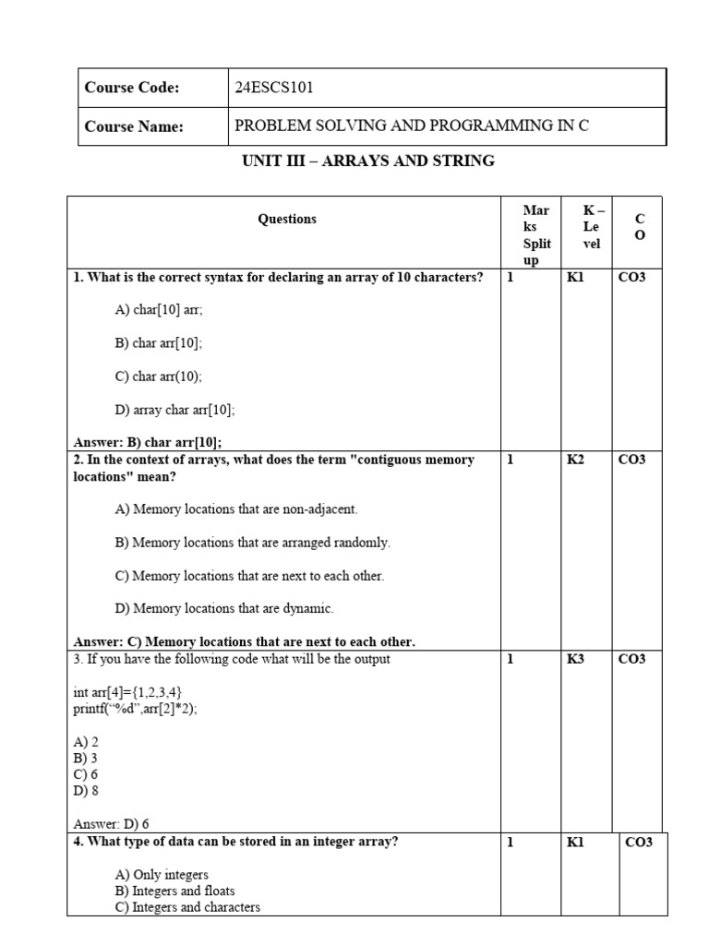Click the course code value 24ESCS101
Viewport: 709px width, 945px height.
(x=281, y=88)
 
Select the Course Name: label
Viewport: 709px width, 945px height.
(x=134, y=126)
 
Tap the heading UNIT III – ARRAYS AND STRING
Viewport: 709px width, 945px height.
(x=367, y=161)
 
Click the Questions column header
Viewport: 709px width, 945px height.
(x=287, y=219)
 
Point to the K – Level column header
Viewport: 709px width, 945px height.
(x=591, y=227)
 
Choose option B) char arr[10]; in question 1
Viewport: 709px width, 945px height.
(x=159, y=342)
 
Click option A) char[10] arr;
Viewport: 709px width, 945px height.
(x=159, y=310)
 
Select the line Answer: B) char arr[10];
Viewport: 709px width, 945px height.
(x=148, y=441)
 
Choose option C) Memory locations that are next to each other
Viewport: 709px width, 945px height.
(x=249, y=575)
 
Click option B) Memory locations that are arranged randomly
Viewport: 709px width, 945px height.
(x=252, y=542)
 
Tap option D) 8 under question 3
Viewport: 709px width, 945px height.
(x=85, y=791)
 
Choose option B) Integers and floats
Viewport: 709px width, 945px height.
(x=174, y=891)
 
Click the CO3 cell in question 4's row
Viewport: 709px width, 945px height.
(x=638, y=842)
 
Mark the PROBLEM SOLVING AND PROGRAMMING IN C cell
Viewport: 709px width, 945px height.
(x=412, y=126)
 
